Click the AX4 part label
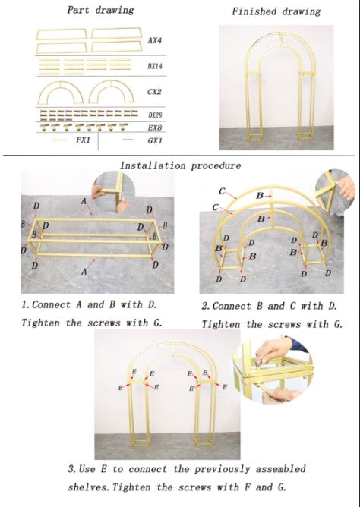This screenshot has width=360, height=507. (155, 40)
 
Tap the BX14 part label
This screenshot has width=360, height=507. (155, 66)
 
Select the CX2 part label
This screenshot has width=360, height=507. (154, 92)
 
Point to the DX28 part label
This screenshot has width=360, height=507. (155, 115)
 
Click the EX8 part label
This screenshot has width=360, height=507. (155, 128)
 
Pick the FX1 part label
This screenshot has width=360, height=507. (83, 140)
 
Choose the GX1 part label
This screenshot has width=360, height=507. (155, 140)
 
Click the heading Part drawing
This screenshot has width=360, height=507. (100, 10)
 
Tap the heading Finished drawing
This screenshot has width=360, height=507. (276, 11)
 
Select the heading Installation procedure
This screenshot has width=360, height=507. (180, 166)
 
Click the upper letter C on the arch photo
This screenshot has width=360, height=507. (222, 191)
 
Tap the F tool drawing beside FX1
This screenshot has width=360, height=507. (59, 140)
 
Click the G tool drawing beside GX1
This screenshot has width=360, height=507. (128, 140)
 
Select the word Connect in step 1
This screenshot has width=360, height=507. (51, 304)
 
